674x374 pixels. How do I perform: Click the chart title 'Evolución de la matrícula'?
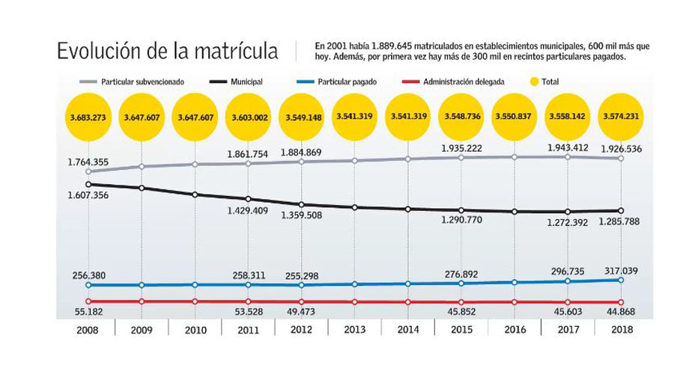click(x=168, y=52)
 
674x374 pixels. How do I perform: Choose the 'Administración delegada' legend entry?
click(x=464, y=81)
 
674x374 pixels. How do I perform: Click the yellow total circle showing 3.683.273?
click(x=88, y=117)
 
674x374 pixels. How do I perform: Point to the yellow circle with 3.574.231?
click(x=622, y=117)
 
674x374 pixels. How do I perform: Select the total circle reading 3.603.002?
click(x=249, y=117)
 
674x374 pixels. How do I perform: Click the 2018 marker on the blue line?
click(x=622, y=280)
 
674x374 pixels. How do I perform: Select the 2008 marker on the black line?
click(x=88, y=184)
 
